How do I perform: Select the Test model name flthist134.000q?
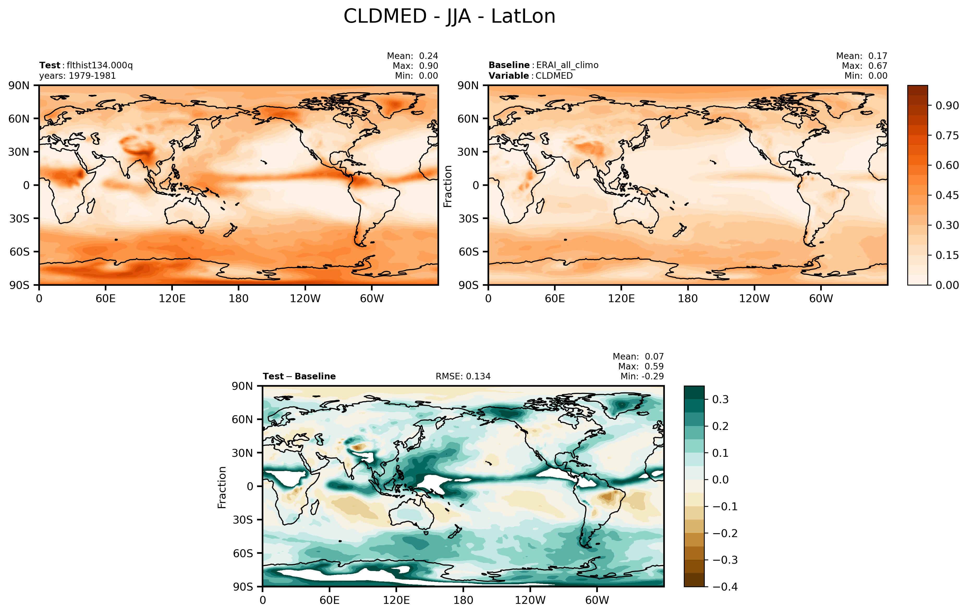(100, 65)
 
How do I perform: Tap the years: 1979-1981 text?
(77, 76)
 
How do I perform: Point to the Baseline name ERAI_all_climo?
(567, 65)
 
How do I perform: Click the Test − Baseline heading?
(299, 376)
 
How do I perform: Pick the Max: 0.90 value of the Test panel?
(415, 66)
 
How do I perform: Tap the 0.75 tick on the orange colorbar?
(947, 135)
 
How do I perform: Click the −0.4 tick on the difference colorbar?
(725, 586)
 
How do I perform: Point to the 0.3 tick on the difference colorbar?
(720, 400)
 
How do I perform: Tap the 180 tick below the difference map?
(463, 600)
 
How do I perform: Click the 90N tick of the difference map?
(242, 386)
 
